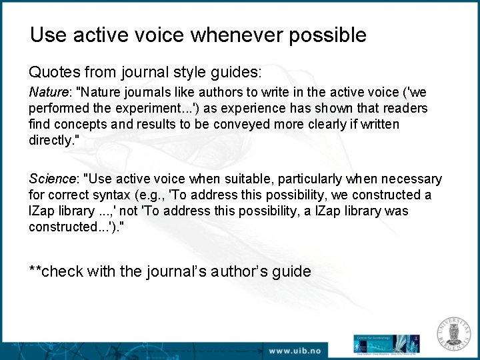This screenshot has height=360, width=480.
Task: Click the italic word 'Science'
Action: pos(52,179)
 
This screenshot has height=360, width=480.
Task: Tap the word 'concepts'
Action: pos(76,124)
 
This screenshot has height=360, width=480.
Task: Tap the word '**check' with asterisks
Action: pos(56,271)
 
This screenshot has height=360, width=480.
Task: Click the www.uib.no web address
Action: pos(295,349)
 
